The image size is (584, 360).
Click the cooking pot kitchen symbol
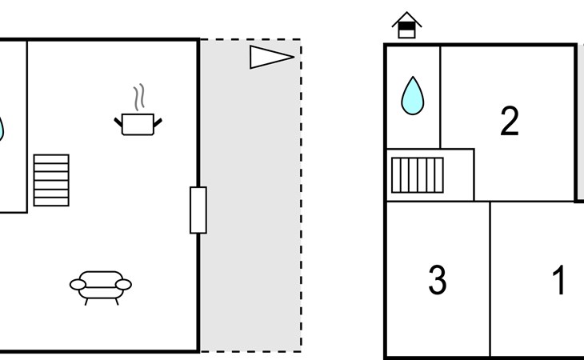(x=138, y=124)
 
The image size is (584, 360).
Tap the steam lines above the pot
(x=139, y=97)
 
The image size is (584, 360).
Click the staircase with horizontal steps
(x=51, y=180)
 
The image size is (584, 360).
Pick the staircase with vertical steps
(x=417, y=175)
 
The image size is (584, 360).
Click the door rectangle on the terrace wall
(x=198, y=210)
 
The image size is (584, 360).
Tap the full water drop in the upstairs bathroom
(x=412, y=96)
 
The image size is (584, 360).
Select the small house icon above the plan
(x=406, y=25)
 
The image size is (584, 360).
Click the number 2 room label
(x=510, y=121)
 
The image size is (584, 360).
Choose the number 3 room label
(x=438, y=279)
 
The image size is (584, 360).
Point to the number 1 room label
(x=558, y=279)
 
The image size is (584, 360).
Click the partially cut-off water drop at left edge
(x=1, y=129)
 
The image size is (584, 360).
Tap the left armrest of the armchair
(x=78, y=285)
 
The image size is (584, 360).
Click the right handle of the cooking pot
(x=158, y=122)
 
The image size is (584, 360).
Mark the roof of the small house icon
(x=406, y=19)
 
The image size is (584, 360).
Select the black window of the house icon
(x=406, y=26)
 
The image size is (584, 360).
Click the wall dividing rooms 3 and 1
(x=490, y=279)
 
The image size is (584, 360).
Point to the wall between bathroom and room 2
(x=440, y=97)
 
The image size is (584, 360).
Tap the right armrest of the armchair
(x=124, y=285)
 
